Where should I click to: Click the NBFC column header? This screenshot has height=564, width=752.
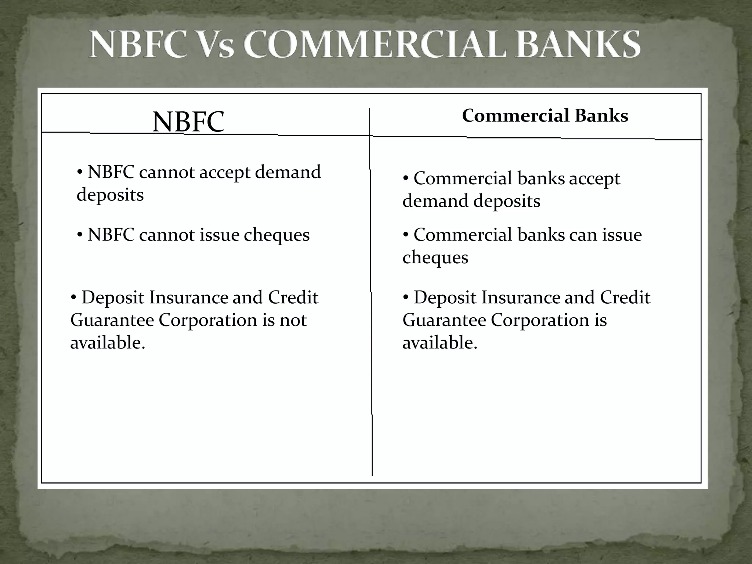pos(188,122)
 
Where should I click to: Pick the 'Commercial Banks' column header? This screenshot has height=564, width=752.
pos(545,116)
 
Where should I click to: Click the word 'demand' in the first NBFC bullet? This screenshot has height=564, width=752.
pos(288,172)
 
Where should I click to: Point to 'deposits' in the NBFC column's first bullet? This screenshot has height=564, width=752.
pos(110,195)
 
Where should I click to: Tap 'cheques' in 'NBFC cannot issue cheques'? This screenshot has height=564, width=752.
pos(276,235)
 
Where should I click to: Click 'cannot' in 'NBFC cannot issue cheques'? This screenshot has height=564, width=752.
pos(167,235)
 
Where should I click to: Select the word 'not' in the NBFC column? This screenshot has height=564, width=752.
pos(293,320)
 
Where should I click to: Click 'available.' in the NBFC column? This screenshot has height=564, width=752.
pos(108,343)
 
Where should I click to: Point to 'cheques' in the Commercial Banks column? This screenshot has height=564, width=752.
pos(435,257)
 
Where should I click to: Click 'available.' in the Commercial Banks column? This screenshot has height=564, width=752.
pos(440,343)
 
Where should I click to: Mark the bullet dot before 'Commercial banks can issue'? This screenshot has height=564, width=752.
pos(406,234)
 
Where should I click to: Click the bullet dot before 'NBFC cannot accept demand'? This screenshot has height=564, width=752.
pos(80,171)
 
